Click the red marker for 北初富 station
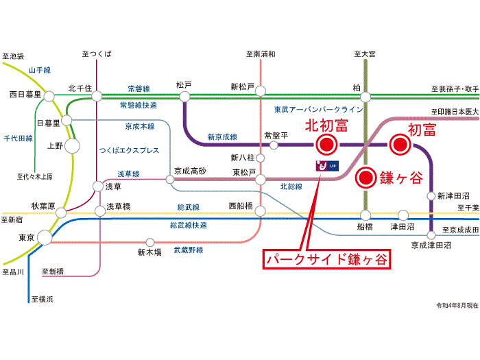click(x=326, y=144)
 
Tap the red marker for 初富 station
click(x=400, y=144)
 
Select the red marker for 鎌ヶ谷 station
click(x=367, y=178)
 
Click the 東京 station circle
click(x=45, y=237)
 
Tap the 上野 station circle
click(x=73, y=145)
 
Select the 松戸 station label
click(x=184, y=85)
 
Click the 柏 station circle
click(x=366, y=97)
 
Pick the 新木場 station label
click(x=149, y=252)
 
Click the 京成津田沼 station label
click(x=431, y=245)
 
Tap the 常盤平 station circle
click(x=274, y=145)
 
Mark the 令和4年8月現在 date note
click(x=455, y=304)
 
